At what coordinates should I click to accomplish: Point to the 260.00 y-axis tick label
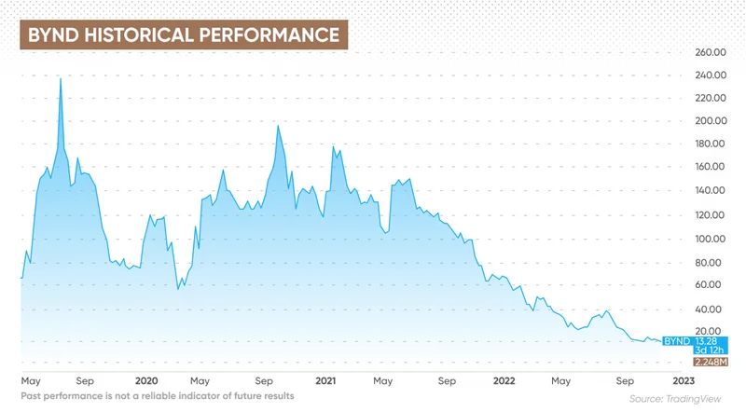[x=710, y=52]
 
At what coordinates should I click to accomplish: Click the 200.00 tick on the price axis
[x=710, y=121]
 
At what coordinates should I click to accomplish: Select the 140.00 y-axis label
[x=710, y=191]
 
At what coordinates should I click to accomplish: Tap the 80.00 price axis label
[x=711, y=262]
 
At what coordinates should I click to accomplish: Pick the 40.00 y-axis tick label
[x=711, y=309]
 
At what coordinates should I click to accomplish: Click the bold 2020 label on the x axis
[x=146, y=381]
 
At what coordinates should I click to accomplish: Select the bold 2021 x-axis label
[x=325, y=381]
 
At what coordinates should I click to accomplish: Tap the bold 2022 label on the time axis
[x=504, y=381]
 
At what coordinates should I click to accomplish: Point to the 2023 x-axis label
[x=683, y=381]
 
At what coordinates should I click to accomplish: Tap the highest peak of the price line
[x=61, y=78]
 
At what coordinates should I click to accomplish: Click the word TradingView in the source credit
[x=700, y=398]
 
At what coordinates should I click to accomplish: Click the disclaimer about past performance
[x=158, y=396]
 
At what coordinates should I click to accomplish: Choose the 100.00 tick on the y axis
[x=710, y=239]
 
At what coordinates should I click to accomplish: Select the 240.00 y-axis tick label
[x=710, y=76]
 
